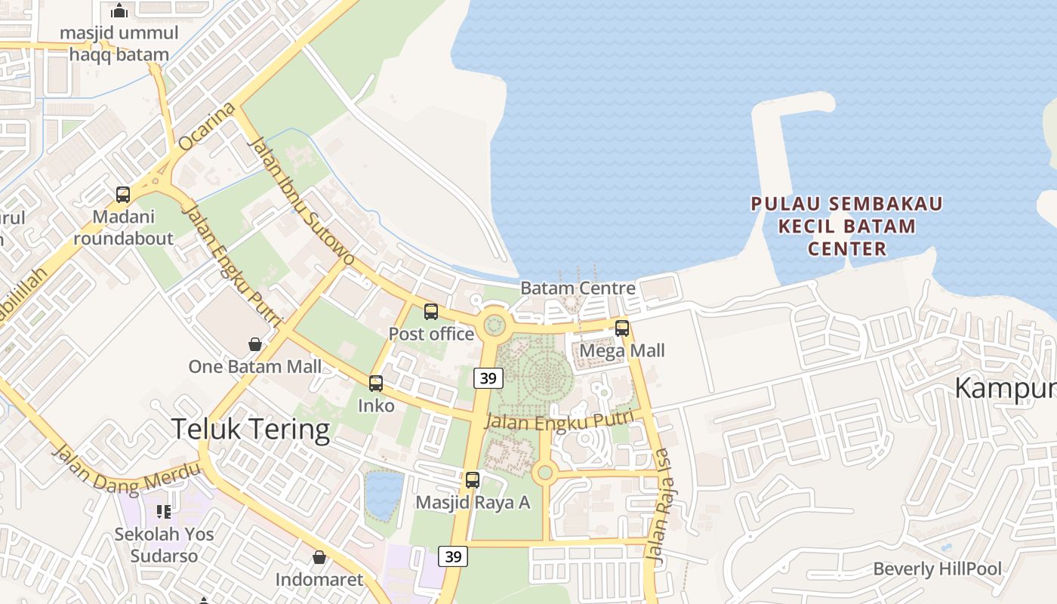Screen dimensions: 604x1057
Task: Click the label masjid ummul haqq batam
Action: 119,44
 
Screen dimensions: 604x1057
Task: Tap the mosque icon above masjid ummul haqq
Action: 119,11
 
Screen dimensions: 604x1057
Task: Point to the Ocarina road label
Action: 206,128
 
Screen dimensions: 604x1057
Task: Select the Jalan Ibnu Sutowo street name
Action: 301,200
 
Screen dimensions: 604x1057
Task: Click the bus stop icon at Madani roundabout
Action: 123,195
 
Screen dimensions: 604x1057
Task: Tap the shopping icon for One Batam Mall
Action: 255,344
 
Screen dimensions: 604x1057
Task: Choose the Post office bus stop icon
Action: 431,311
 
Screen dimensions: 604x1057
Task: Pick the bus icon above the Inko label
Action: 376,384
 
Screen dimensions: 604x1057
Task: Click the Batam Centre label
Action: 578,288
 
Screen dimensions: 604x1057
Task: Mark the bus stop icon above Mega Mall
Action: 622,328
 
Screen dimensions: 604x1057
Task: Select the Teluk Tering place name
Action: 251,429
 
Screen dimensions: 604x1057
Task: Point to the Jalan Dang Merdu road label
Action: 126,470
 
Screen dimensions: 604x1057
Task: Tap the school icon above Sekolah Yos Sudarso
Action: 164,512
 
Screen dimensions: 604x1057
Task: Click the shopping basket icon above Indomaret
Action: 319,557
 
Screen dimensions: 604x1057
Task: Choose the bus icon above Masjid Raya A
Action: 473,479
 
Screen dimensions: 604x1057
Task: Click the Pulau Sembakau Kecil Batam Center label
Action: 846,226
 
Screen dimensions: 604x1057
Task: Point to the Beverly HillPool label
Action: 937,569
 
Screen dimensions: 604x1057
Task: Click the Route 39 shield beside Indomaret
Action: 453,556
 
